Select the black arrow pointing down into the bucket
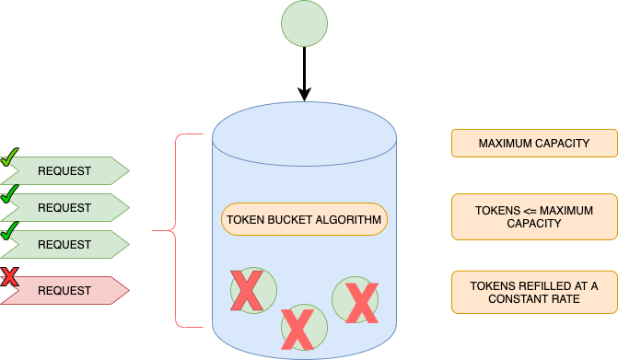[305, 73]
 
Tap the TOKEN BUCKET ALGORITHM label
[305, 220]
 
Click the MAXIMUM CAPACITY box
[534, 144]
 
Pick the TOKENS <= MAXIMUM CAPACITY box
[534, 217]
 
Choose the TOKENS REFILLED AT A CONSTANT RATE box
[534, 291]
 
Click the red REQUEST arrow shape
[64, 291]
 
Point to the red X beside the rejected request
[10, 275]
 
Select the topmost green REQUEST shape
[64, 171]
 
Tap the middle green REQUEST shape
[64, 208]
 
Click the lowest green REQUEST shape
[64, 245]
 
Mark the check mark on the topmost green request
[10, 157]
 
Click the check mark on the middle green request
[10, 193]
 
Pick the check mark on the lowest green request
[10, 230]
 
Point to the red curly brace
[166, 230]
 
